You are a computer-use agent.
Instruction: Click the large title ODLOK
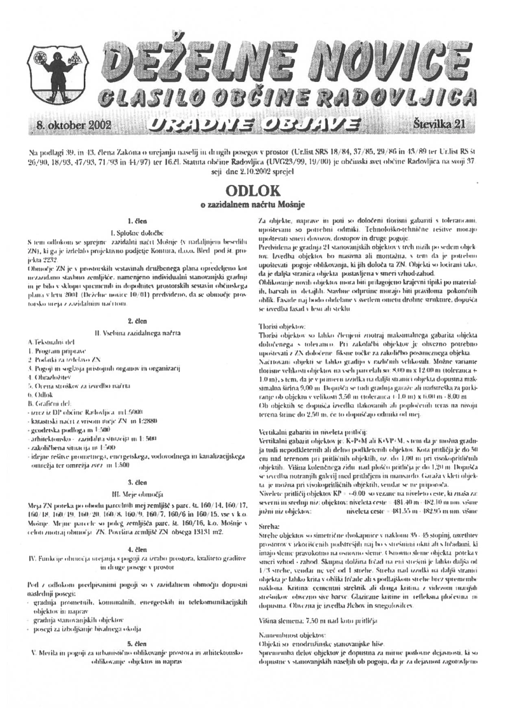252,191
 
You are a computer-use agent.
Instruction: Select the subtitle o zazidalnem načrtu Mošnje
252,205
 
